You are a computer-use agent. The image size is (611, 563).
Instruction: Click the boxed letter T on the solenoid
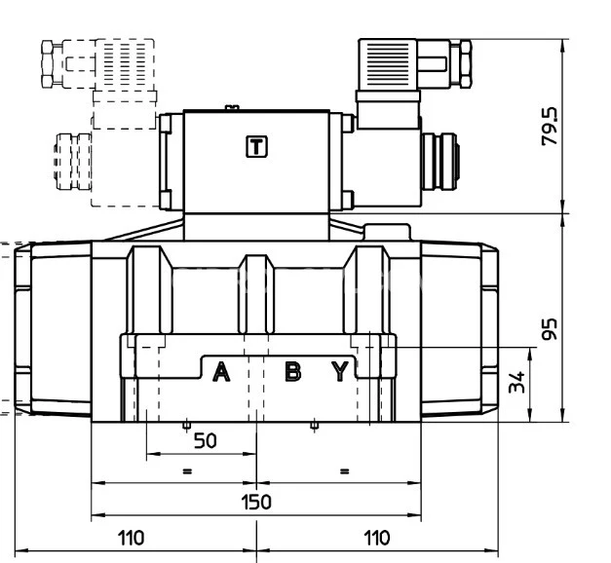(x=255, y=147)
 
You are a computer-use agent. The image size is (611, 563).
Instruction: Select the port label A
(x=221, y=371)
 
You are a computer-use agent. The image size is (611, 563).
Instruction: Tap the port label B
(x=292, y=371)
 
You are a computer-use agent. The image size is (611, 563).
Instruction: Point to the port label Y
(x=339, y=371)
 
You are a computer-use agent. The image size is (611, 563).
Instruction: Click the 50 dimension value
(x=205, y=440)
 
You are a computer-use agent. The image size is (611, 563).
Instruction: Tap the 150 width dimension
(x=256, y=502)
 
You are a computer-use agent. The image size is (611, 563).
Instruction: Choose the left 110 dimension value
(x=132, y=537)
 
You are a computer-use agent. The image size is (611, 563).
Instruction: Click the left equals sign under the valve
(x=187, y=470)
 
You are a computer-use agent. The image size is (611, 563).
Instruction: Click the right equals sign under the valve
(x=343, y=470)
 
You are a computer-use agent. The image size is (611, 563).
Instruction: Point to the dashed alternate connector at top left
(x=97, y=64)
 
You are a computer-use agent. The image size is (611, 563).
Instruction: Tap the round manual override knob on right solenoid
(x=440, y=159)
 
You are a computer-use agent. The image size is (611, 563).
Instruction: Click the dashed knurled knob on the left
(x=72, y=160)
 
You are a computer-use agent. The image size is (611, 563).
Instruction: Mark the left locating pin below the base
(x=186, y=426)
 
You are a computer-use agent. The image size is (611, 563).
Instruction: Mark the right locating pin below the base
(x=314, y=426)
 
